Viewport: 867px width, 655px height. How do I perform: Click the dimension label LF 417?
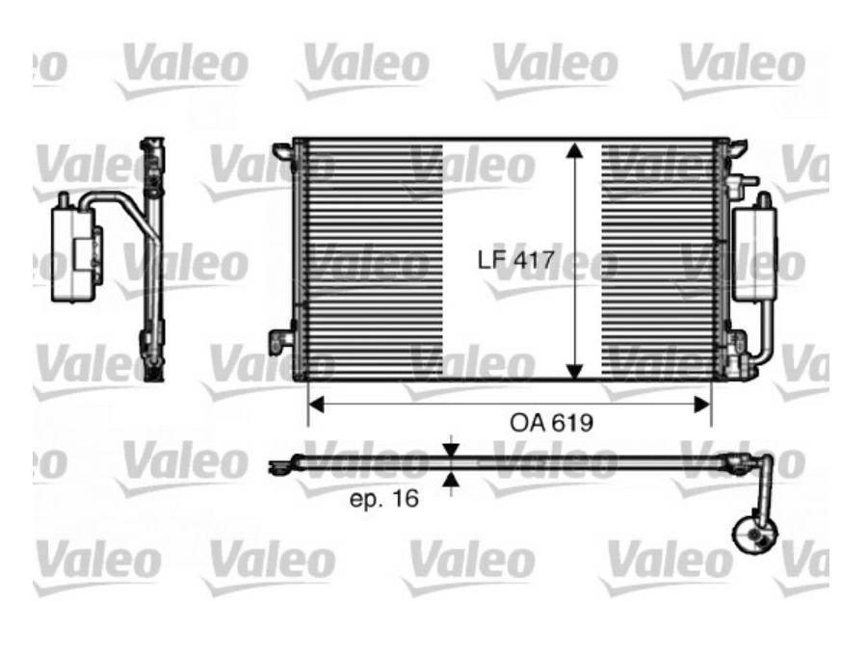515,259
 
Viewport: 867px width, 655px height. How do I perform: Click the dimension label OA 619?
551,423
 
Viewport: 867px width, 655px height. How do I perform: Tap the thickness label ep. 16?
384,499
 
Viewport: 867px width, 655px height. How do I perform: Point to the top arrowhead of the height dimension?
575,150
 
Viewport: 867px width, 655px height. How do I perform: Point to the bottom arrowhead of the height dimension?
575,372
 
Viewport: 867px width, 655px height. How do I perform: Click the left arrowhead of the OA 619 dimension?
316,405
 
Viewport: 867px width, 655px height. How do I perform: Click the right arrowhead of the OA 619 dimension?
702,405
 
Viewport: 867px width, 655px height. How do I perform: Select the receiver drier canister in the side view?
73,251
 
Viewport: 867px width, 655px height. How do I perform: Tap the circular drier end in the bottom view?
754,533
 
